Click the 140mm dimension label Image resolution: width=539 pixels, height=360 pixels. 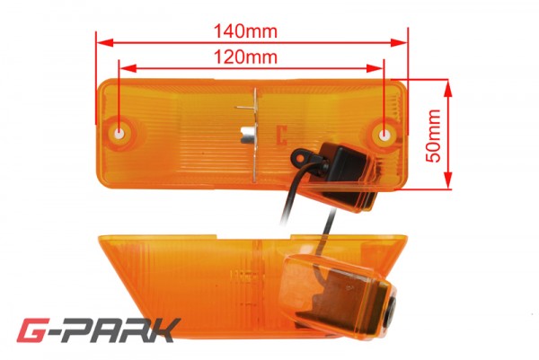tap(245, 31)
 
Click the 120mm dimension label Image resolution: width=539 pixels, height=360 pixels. tap(245, 57)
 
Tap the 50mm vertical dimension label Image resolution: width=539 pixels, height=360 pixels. tap(433, 136)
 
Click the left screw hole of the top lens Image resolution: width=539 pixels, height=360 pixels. tap(119, 133)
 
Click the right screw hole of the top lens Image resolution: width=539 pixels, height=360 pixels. tap(384, 134)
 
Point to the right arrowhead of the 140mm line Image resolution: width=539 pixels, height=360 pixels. tap(399, 42)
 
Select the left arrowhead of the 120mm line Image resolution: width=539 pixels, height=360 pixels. tap(128, 68)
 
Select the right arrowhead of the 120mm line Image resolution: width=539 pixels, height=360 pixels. tap(375, 68)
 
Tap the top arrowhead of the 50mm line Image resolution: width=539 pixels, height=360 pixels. tap(447, 88)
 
